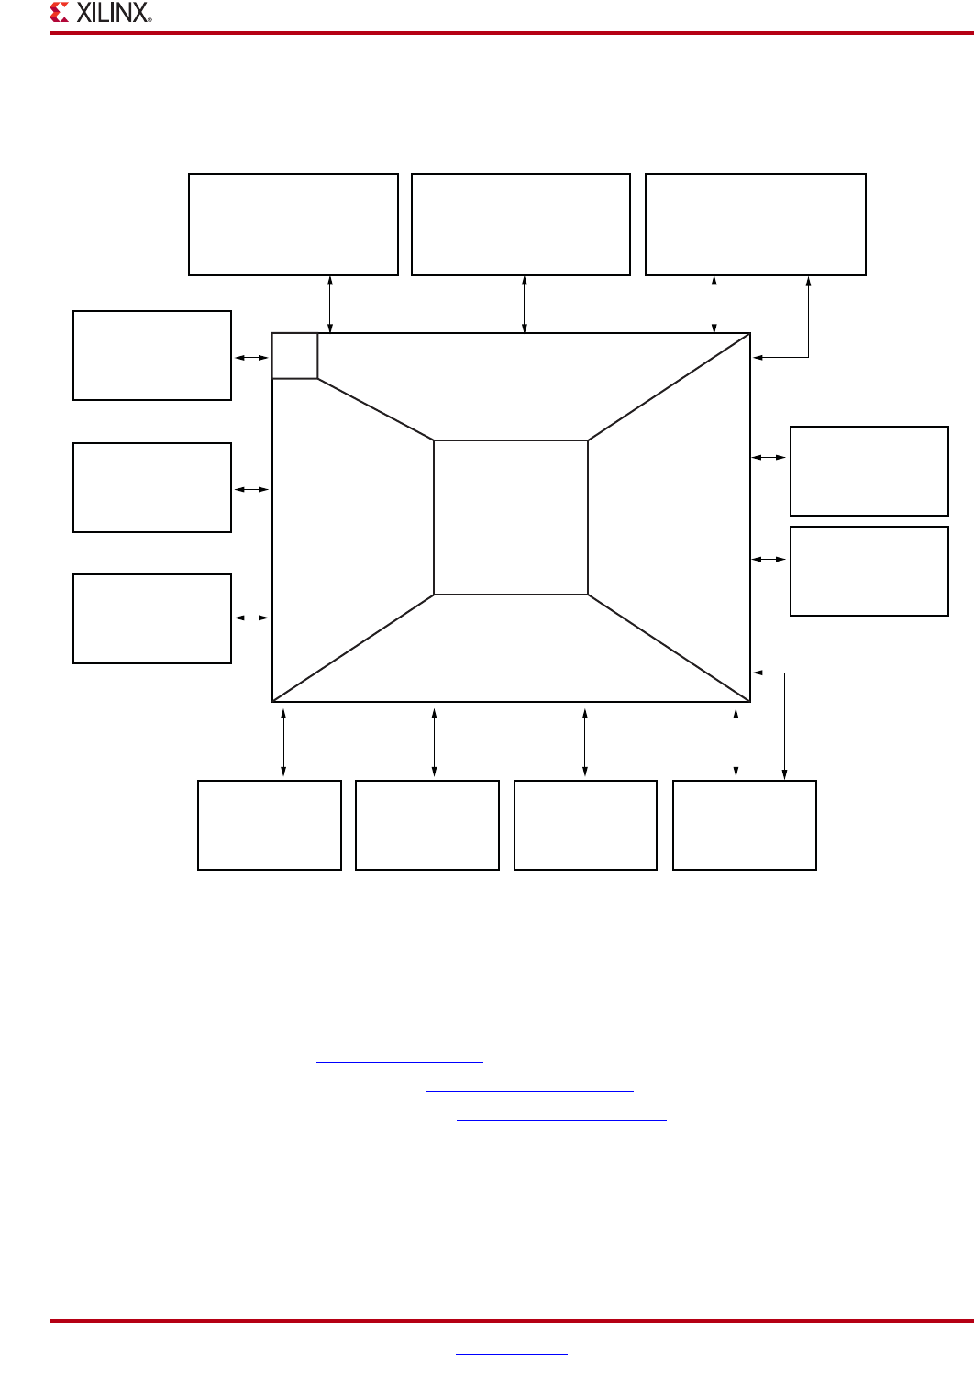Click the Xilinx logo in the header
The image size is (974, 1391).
pyautogui.click(x=101, y=13)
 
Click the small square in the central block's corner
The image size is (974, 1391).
pyautogui.click(x=294, y=356)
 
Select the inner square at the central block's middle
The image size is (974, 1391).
pyautogui.click(x=510, y=517)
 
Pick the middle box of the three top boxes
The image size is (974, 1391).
pyautogui.click(x=521, y=225)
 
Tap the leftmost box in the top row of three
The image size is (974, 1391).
pyautogui.click(x=293, y=225)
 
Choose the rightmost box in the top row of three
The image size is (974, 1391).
pyautogui.click(x=756, y=225)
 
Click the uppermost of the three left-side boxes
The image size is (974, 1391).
pyautogui.click(x=152, y=355)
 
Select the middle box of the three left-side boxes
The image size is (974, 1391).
pyautogui.click(x=152, y=487)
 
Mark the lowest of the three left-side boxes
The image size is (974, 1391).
pyautogui.click(x=152, y=618)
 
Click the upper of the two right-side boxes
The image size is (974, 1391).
pyautogui.click(x=869, y=471)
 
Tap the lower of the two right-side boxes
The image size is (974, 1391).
pyautogui.click(x=869, y=571)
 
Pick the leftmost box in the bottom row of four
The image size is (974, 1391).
pyautogui.click(x=270, y=825)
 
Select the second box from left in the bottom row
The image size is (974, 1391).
pyautogui.click(x=427, y=825)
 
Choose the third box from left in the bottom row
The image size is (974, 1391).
pyautogui.click(x=586, y=825)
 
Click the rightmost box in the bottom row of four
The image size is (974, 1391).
pyautogui.click(x=745, y=825)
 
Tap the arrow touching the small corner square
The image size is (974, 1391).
pyautogui.click(x=251, y=358)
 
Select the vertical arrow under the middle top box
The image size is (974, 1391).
pyautogui.click(x=525, y=304)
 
